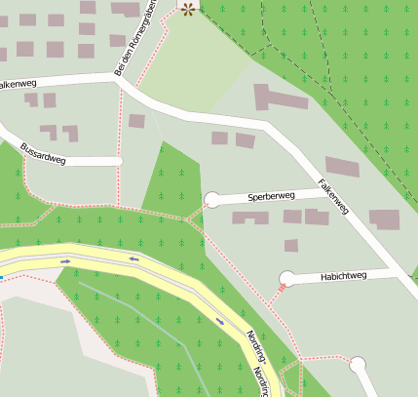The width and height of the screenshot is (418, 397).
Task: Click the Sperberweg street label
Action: [271, 196]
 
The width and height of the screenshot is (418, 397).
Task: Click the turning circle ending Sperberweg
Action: [212, 201]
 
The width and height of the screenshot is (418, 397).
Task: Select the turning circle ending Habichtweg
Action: [287, 279]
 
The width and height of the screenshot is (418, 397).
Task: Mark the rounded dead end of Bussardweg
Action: [118, 160]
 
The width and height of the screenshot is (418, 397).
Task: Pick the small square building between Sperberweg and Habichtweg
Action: [290, 246]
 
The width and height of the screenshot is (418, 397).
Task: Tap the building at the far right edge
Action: [384, 219]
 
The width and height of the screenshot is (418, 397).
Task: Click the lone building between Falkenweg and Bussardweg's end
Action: [136, 121]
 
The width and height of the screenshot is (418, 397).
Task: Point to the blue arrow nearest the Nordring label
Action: [220, 320]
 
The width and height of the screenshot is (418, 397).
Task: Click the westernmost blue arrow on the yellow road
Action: [65, 261]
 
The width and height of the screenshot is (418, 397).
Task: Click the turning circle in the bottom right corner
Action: [358, 366]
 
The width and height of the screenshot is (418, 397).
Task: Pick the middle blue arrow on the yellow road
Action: [134, 258]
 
